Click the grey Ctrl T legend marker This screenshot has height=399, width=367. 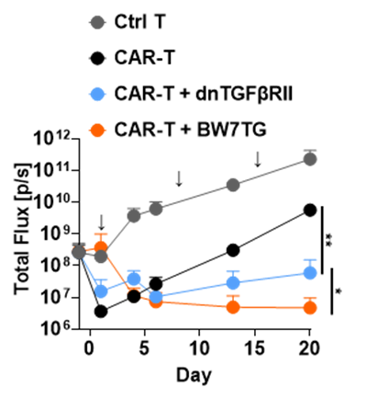(98, 22)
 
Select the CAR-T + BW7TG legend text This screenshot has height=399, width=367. (191, 130)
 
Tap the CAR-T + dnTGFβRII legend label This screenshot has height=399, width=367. (204, 94)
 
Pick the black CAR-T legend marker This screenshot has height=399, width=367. (98, 58)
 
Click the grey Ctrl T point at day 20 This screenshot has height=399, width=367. (310, 159)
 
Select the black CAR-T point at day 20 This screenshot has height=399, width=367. (310, 211)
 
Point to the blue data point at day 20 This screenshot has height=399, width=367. (310, 272)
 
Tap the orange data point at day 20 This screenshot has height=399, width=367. (310, 308)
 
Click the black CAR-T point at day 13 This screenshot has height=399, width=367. (233, 250)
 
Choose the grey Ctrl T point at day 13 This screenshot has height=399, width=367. (233, 185)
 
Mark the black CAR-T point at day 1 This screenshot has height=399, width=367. (101, 312)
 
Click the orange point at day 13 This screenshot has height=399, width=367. (233, 307)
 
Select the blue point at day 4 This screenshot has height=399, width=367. (134, 279)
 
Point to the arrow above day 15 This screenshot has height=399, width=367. (258, 159)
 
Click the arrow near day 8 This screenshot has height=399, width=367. (179, 178)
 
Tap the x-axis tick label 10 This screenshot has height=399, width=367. (199, 348)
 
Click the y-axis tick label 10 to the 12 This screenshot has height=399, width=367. (54, 139)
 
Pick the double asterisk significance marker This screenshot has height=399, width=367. (329, 245)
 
